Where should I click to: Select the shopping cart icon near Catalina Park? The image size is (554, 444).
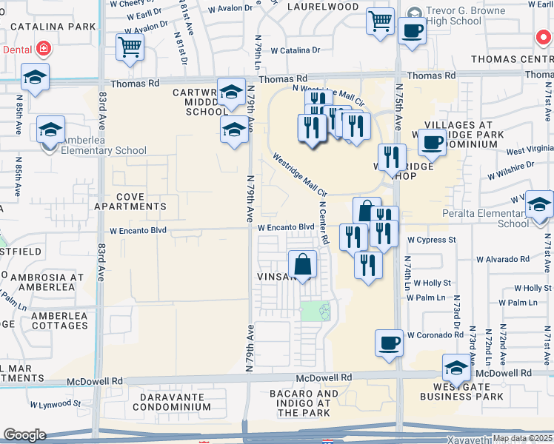pos(129,48)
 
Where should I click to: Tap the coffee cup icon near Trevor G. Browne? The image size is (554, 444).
pos(412,32)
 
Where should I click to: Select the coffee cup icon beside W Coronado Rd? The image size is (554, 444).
pos(390,343)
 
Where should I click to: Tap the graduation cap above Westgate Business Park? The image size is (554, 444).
pos(456,368)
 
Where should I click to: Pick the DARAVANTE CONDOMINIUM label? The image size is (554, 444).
pos(165,402)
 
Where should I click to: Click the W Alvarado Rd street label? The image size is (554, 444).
pos(503,259)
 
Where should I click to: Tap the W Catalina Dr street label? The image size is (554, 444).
pos(295,51)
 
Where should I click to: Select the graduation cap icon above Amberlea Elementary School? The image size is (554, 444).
pos(50,130)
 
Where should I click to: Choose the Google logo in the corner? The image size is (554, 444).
pos(24,434)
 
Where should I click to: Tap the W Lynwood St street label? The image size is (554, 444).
pos(55,403)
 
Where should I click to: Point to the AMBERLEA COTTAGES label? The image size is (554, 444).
pos(50,320)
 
